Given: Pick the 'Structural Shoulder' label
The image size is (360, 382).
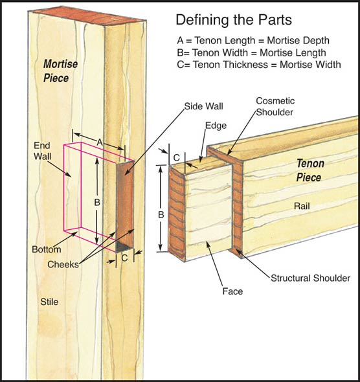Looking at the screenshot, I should click(x=310, y=278).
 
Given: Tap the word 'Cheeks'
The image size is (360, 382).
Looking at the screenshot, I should click(x=63, y=265).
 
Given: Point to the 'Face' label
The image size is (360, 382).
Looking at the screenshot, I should click(x=232, y=291).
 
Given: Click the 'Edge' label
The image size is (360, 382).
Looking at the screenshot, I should click(x=215, y=126).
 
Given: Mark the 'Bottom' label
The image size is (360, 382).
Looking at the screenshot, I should click(x=45, y=249).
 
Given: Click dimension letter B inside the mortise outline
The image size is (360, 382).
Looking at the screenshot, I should click(x=96, y=203).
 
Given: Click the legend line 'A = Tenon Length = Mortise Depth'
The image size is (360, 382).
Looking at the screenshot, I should click(x=251, y=39).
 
